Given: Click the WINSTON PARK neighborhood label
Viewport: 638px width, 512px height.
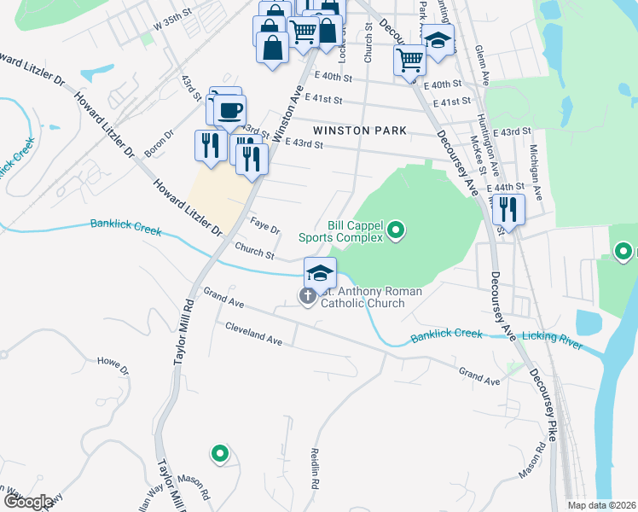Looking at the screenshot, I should coord(360,130).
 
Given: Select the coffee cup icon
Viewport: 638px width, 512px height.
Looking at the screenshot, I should coord(230,109).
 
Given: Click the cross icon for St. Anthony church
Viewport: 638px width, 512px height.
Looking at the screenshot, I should coord(307,296).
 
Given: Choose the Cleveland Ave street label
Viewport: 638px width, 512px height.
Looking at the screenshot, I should coord(253,334).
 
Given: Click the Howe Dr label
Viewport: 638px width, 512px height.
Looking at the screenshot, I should coord(113,367).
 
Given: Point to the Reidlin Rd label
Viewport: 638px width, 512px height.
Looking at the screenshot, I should coord(315,470).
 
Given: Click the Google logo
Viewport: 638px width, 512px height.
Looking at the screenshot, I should coord(28,501).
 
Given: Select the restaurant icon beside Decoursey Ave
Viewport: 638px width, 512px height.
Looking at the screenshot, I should coord(508,207).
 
